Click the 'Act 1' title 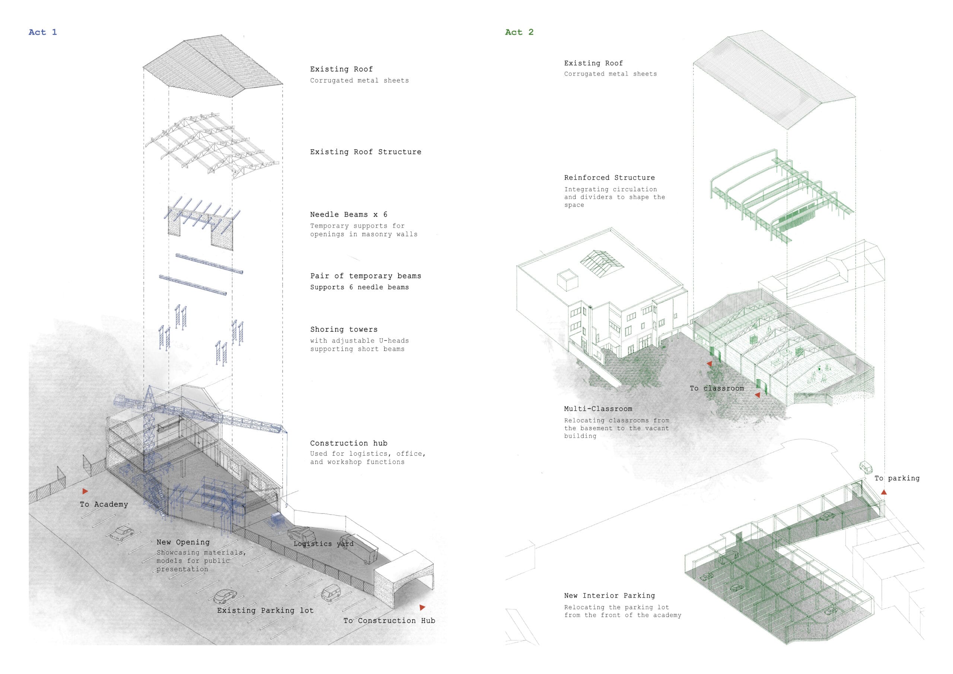point(43,32)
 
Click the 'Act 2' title point(519,32)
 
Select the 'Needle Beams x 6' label point(349,214)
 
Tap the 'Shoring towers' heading point(344,329)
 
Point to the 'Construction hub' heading point(349,443)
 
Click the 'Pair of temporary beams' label point(366,276)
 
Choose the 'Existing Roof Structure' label point(366,152)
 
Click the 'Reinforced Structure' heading point(609,178)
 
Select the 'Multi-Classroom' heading point(598,408)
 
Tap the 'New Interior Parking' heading point(609,595)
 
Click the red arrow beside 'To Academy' point(85,491)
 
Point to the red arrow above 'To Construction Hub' point(422,608)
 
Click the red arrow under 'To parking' point(884,492)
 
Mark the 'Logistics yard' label point(323,544)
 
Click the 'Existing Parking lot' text point(265,610)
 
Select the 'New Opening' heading point(183,542)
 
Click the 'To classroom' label point(717,388)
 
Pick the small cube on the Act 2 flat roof point(567,281)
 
